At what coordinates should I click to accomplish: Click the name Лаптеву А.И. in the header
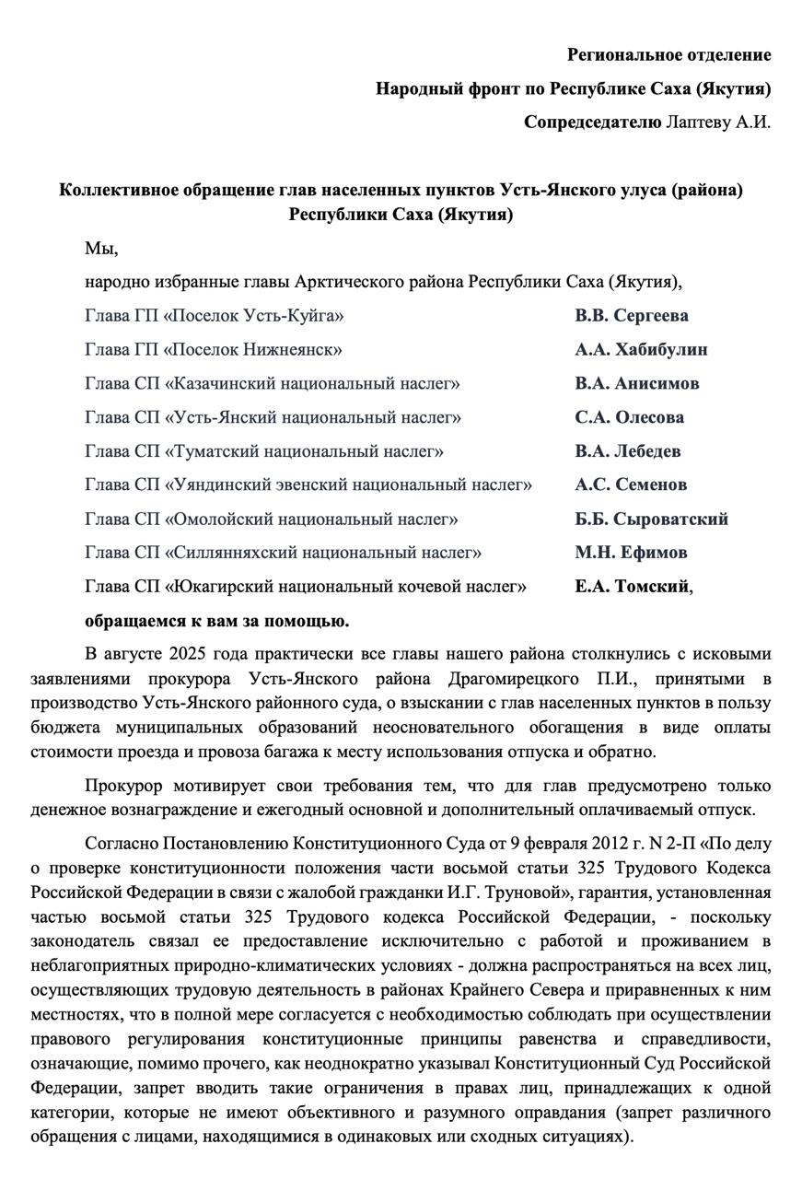(718, 123)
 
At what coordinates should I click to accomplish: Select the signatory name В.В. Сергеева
(632, 316)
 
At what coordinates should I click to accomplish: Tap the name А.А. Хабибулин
(641, 350)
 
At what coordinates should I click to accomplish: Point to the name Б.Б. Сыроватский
(651, 519)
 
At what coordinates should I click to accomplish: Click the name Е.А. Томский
(632, 587)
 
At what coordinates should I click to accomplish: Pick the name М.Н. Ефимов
(631, 553)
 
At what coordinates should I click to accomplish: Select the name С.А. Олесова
(629, 417)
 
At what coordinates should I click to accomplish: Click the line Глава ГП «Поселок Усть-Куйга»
(214, 316)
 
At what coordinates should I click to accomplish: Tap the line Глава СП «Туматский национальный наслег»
(263, 451)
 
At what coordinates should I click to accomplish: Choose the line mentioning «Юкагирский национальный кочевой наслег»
(306, 587)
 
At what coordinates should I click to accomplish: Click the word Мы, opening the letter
(101, 248)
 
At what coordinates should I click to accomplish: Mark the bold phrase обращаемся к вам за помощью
(216, 621)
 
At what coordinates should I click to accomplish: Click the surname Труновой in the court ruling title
(530, 893)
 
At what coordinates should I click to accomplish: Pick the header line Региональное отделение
(668, 55)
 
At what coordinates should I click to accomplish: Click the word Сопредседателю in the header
(592, 123)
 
